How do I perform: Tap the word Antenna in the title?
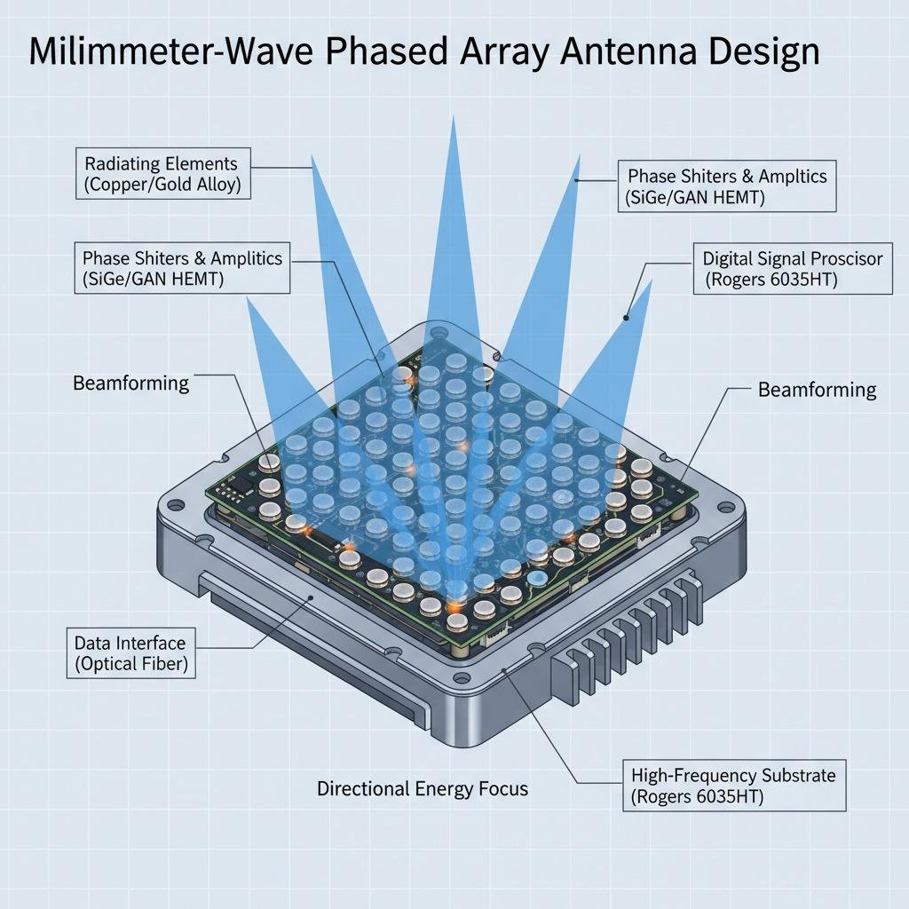631,53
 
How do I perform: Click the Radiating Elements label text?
161,163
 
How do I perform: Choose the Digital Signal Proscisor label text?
793,258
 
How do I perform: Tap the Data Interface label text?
130,643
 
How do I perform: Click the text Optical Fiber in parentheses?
131,664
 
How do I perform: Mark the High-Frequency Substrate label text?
733,775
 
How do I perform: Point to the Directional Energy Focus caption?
423,788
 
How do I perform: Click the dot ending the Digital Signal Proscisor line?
627,316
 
